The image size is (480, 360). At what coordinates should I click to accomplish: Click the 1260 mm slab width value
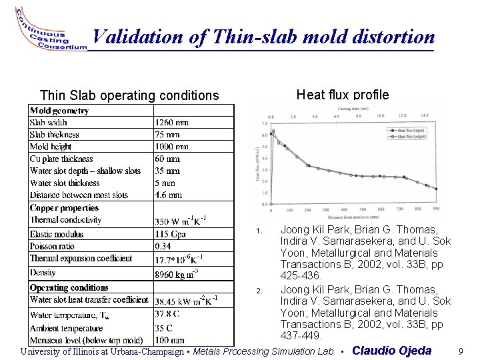(172, 123)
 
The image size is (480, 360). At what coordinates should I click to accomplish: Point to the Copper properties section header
(64, 208)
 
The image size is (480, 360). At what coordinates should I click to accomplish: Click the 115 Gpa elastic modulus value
(170, 233)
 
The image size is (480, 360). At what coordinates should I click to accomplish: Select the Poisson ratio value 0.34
(164, 246)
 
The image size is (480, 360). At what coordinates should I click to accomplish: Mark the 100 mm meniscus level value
(169, 340)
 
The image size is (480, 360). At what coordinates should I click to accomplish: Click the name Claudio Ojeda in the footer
(391, 351)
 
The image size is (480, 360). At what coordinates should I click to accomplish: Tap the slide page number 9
(461, 351)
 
